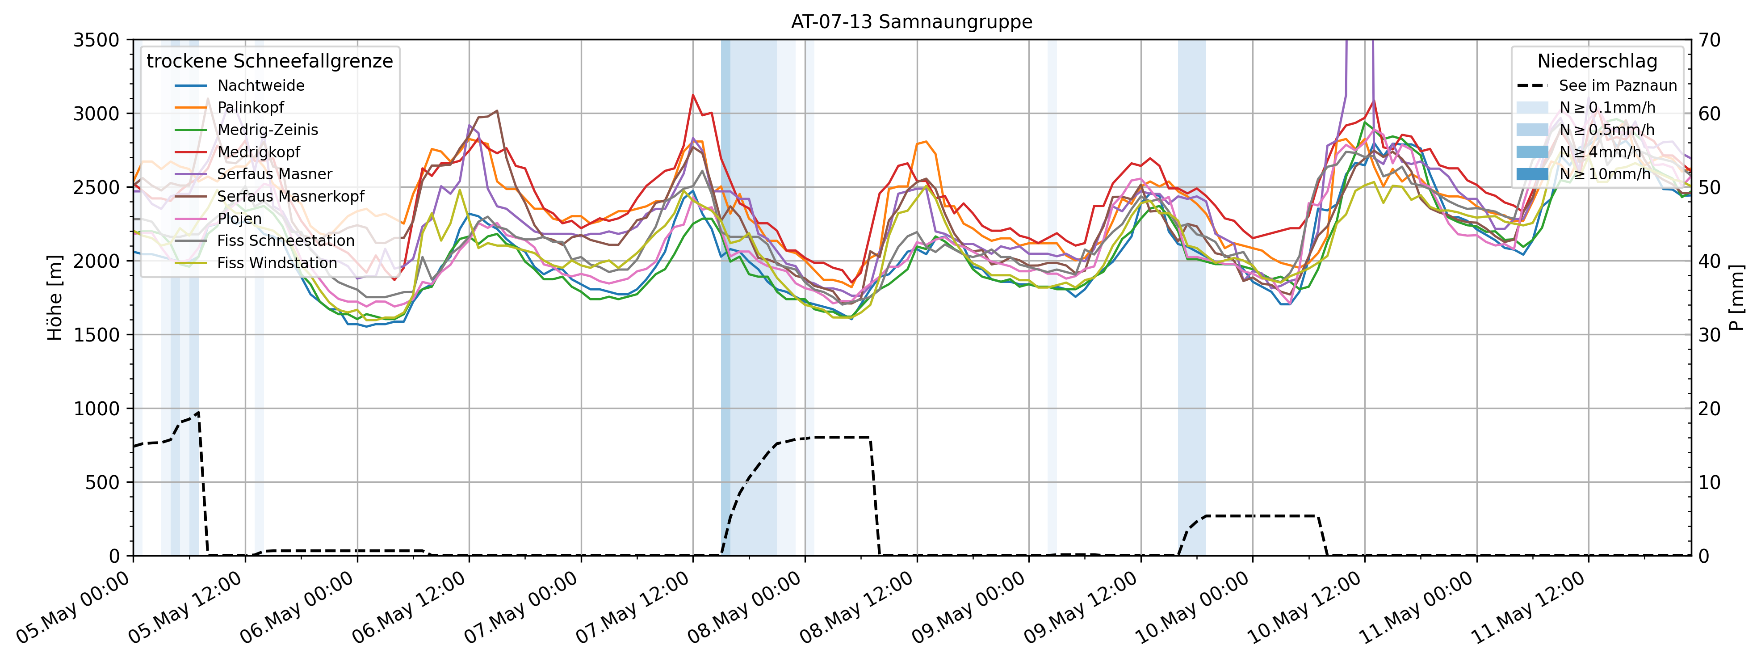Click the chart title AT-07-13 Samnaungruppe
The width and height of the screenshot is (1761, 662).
click(x=911, y=22)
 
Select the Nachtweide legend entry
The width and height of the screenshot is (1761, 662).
click(x=260, y=85)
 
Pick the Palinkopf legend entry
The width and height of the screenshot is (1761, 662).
click(x=250, y=107)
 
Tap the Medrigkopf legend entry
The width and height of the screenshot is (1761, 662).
click(x=258, y=152)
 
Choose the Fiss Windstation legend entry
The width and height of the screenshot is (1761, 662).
click(x=277, y=263)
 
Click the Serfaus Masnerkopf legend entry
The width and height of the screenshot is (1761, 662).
click(x=290, y=196)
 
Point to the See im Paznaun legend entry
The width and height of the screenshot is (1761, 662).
click(x=1618, y=85)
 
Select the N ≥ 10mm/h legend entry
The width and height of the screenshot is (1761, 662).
click(x=1605, y=174)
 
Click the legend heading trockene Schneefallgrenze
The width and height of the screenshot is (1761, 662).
click(x=269, y=62)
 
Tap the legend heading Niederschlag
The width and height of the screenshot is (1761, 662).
click(x=1597, y=62)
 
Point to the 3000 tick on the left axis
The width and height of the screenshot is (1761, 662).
click(x=96, y=114)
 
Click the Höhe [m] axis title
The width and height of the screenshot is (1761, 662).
click(x=55, y=298)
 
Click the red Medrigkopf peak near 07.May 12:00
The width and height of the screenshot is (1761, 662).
click(x=693, y=95)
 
